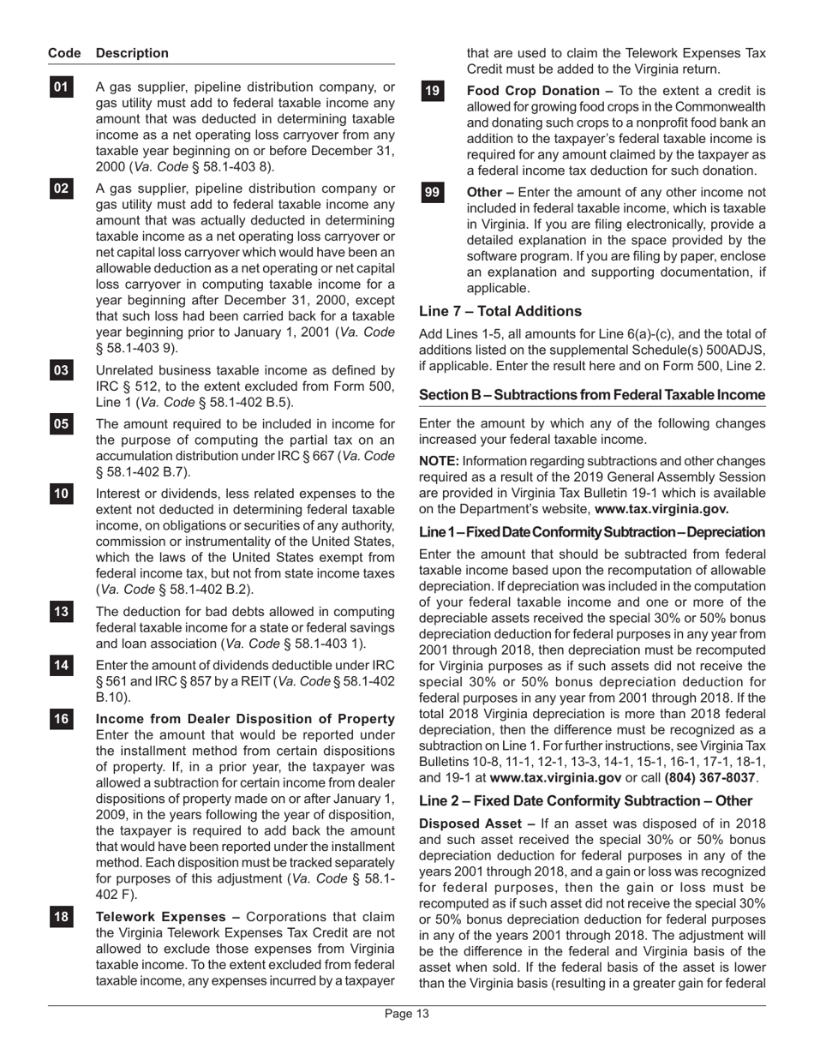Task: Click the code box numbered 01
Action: click(62, 87)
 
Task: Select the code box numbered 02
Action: click(62, 189)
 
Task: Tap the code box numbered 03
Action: click(62, 370)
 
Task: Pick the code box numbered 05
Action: click(62, 423)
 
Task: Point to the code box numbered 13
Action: click(62, 612)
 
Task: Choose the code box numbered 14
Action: click(62, 665)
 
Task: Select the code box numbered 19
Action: click(433, 91)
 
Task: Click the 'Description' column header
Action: click(133, 53)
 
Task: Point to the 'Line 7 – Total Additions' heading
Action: click(500, 311)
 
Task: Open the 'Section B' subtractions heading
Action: click(591, 395)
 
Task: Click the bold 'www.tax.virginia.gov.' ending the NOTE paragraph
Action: click(661, 509)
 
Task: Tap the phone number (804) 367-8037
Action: click(709, 777)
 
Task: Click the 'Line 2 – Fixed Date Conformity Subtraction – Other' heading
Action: click(585, 801)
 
